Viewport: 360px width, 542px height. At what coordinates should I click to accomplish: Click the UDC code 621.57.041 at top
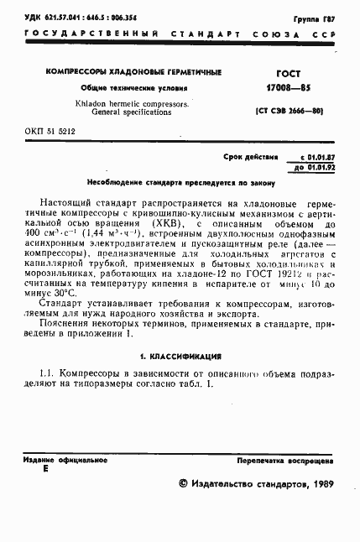click(61, 18)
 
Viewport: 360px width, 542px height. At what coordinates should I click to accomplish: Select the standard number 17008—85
click(288, 87)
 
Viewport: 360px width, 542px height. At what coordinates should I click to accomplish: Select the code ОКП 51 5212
click(50, 132)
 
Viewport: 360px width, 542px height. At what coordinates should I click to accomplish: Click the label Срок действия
click(251, 157)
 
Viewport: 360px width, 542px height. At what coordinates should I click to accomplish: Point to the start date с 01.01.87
click(318, 157)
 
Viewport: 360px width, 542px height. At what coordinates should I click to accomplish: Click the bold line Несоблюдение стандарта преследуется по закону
click(180, 182)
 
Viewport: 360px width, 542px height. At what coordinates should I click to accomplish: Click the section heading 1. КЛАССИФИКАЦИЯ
click(180, 356)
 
